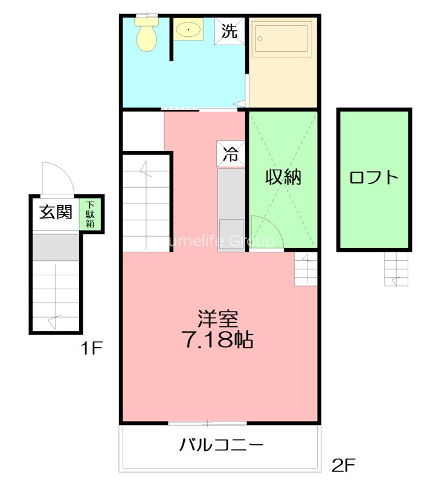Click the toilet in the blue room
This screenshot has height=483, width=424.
pyautogui.click(x=146, y=35)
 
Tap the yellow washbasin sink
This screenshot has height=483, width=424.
pyautogui.click(x=190, y=29)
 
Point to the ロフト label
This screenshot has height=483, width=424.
pyautogui.click(x=374, y=177)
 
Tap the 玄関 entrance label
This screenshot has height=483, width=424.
pyautogui.click(x=56, y=213)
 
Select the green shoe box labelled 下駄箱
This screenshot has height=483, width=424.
pyautogui.click(x=90, y=215)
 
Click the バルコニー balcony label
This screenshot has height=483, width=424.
pyautogui.click(x=221, y=446)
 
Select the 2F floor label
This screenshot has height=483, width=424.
pyautogui.click(x=344, y=465)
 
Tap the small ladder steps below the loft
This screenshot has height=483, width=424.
pyautogui.click(x=397, y=268)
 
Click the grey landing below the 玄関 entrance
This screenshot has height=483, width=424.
pyautogui.click(x=56, y=247)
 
